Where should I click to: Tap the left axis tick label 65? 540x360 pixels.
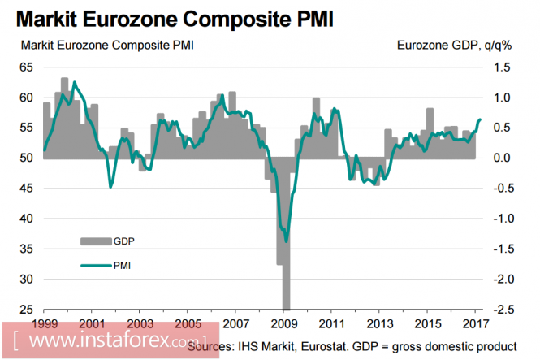coord(28,68)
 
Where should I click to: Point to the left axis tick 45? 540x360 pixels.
coord(28,189)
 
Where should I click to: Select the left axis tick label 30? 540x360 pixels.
coord(28,279)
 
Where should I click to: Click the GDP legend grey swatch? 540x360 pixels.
coord(95,241)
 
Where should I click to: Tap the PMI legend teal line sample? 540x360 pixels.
coord(95,264)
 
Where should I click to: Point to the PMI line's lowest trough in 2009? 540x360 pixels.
coord(286,241)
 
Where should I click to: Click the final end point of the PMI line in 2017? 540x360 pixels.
coord(480,119)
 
